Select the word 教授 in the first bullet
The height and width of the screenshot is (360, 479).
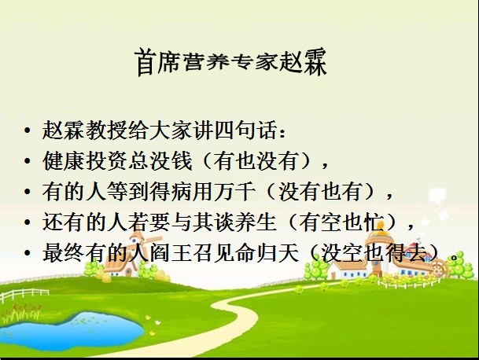point(106,130)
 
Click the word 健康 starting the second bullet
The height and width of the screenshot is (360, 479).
point(64,160)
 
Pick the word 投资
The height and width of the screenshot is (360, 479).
point(106,160)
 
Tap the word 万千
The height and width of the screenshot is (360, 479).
point(234,192)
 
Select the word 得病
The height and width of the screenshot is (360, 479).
point(171,192)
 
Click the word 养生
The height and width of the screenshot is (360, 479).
point(256,222)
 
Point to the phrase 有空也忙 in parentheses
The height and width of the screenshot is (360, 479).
point(341,222)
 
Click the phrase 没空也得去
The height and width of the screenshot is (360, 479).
point(374,253)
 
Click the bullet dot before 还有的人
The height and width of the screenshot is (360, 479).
point(28,222)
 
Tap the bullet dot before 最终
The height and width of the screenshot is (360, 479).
point(28,253)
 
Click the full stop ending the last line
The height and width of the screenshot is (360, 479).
point(455,257)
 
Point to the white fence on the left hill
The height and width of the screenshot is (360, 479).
point(24,295)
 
